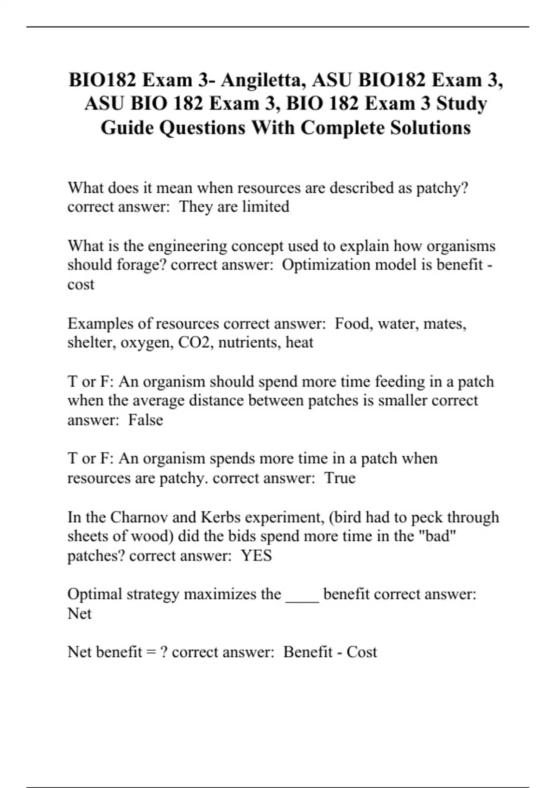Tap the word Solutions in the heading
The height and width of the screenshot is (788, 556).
point(430,127)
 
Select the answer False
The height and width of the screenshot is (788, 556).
point(145,420)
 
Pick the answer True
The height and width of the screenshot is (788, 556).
point(340,478)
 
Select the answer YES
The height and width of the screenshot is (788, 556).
point(256,555)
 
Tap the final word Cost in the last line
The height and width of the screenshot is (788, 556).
point(361,652)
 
